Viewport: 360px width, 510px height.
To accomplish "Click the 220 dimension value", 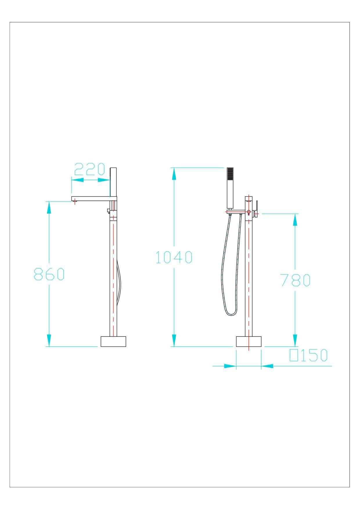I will [89, 169].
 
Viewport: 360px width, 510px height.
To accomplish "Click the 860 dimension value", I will [49, 274].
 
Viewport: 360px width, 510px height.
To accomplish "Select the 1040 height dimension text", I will [174, 257].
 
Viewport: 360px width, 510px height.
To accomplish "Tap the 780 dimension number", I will [295, 280].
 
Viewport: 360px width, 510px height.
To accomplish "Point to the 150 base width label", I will [314, 355].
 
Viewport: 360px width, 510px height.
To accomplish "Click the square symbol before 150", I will [294, 355].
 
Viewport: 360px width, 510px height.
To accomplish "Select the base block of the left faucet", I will [114, 341].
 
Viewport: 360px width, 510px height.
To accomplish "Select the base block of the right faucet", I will [249, 341].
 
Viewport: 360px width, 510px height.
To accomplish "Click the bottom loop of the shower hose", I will [231, 314].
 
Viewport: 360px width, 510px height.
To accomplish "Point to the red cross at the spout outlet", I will [75, 201].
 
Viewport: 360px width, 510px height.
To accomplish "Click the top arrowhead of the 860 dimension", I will [49, 207].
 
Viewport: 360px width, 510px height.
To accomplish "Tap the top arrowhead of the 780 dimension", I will [295, 220].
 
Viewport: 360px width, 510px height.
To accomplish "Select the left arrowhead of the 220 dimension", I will [77, 180].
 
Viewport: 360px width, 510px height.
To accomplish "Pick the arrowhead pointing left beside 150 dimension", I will [268, 366].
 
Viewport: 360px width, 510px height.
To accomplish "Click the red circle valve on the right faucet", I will [249, 212].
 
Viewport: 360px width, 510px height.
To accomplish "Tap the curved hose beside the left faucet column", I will [119, 282].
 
